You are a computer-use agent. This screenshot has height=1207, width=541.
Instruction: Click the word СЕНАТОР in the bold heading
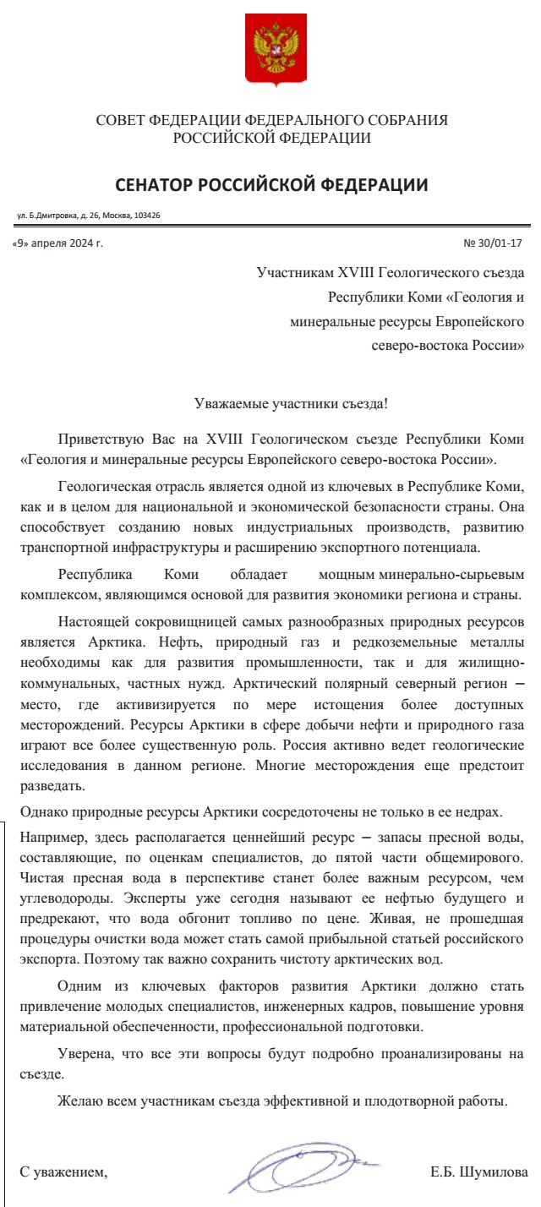158,185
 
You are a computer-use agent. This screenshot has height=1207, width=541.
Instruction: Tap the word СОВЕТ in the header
120,121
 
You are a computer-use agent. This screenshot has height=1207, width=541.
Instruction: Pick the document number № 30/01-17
494,243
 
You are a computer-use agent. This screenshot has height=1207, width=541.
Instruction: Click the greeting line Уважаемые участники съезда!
291,403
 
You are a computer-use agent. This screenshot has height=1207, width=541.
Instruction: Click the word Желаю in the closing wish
80,1102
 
